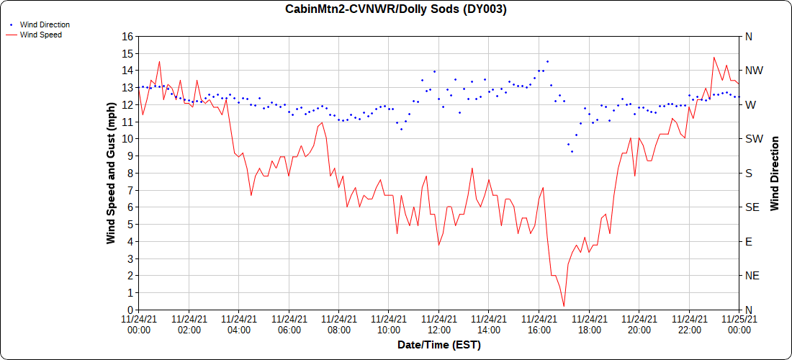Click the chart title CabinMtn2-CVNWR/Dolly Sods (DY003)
[396, 9]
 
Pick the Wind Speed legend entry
[40, 34]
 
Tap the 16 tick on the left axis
[127, 36]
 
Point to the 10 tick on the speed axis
[127, 139]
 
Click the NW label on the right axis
[754, 71]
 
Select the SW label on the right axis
[753, 139]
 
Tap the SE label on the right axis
[752, 207]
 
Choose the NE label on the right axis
[752, 276]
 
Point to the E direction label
[748, 241]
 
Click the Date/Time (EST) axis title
[438, 345]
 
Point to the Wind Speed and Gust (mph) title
[111, 173]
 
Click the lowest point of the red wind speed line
[564, 306]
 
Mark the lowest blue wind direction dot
[572, 151]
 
